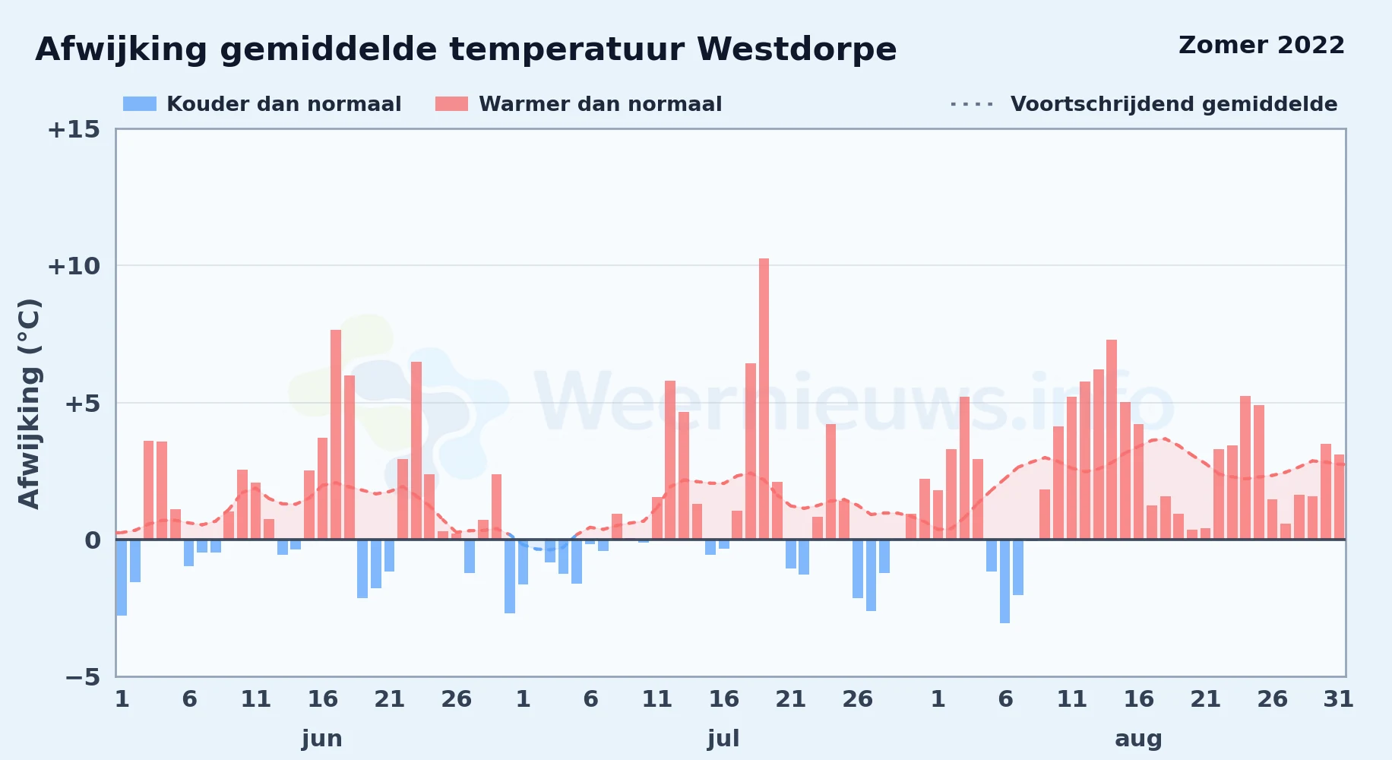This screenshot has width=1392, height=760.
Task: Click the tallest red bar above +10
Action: (764, 399)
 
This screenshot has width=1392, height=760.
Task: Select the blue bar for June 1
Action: (122, 578)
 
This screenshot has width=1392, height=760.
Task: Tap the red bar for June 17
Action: (336, 435)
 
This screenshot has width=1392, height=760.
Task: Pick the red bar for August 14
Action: (1112, 439)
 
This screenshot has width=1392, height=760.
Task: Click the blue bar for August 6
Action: (1004, 581)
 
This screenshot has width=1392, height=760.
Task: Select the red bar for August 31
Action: (1339, 497)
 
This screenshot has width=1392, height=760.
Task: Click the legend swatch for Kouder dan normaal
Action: (140, 104)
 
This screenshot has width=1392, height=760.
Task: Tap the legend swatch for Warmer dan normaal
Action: (452, 104)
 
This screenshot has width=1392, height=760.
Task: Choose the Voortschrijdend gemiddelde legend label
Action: (1174, 104)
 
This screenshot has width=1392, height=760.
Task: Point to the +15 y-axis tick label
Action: (74, 129)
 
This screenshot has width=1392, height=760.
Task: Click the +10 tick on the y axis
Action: (74, 266)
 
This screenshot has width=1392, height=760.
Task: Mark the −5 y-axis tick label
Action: (82, 676)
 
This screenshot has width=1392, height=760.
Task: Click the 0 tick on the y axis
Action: (92, 540)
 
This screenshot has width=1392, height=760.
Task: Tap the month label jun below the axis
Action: (322, 739)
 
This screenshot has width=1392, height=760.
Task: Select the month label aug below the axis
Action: (1138, 739)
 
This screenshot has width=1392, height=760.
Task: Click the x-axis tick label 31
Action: (1339, 698)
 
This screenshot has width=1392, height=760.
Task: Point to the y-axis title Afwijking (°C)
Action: (29, 404)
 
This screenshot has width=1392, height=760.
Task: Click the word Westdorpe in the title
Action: (797, 49)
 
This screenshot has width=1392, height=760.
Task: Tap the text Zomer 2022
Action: (1261, 45)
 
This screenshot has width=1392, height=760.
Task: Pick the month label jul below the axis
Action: (723, 739)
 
